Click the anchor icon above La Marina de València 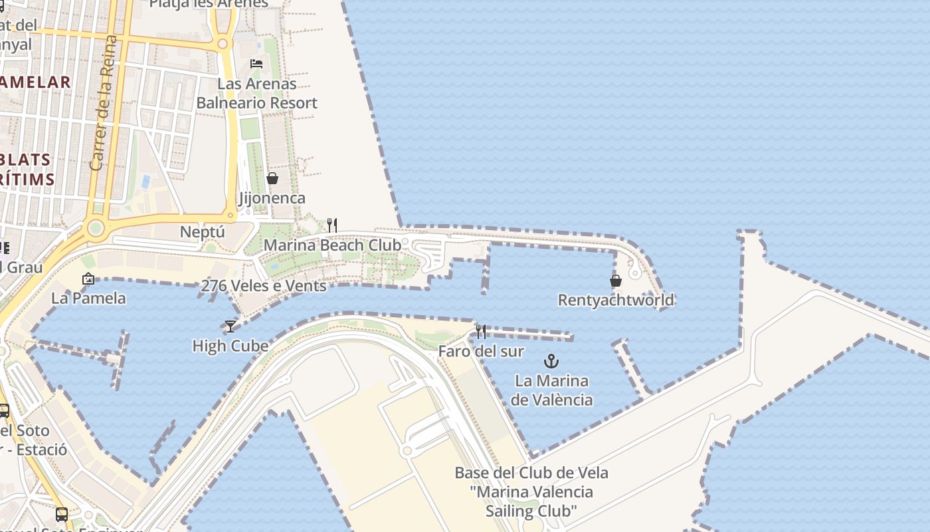(551, 362)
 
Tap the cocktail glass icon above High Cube (230, 326)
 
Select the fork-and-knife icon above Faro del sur (481, 331)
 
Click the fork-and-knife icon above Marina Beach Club (332, 225)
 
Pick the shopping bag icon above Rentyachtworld (616, 281)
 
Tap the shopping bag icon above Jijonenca (272, 178)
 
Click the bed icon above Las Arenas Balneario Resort (256, 64)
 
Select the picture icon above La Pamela (88, 279)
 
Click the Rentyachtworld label (616, 300)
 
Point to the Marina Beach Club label (332, 245)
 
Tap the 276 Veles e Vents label (263, 286)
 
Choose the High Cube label (230, 346)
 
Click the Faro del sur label (481, 351)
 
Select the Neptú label (203, 232)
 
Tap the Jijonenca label (272, 198)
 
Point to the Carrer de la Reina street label (104, 103)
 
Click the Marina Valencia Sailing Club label (531, 492)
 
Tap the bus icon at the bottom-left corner (61, 514)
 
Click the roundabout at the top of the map (223, 44)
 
